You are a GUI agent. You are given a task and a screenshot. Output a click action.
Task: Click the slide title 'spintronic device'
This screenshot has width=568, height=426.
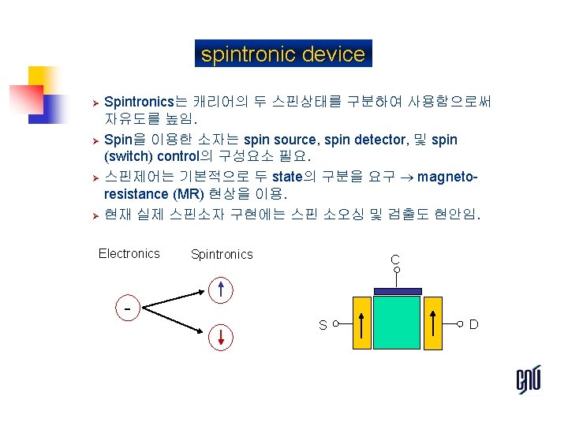pos(283,54)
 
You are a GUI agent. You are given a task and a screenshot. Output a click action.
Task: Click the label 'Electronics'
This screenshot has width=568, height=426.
pos(129,253)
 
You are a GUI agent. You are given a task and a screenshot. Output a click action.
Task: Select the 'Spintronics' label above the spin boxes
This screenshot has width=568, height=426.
pos(222,254)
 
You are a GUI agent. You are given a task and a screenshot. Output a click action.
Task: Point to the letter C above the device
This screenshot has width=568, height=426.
pos(394,260)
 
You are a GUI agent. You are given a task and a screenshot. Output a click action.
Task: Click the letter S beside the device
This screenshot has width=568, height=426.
pos(323,325)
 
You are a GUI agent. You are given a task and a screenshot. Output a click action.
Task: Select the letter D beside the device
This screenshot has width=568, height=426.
pos(473,324)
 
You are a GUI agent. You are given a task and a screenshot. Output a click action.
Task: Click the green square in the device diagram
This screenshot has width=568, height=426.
pos(398,323)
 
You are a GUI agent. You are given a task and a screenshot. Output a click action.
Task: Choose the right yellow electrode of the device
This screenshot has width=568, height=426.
pos(435,323)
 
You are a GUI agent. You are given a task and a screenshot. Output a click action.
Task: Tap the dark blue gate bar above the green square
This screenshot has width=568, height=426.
pos(398,291)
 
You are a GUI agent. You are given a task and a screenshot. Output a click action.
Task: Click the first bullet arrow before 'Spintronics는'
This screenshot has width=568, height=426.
pos(92,103)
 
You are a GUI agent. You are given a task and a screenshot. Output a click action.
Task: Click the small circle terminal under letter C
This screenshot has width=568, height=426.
pos(397,271)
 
